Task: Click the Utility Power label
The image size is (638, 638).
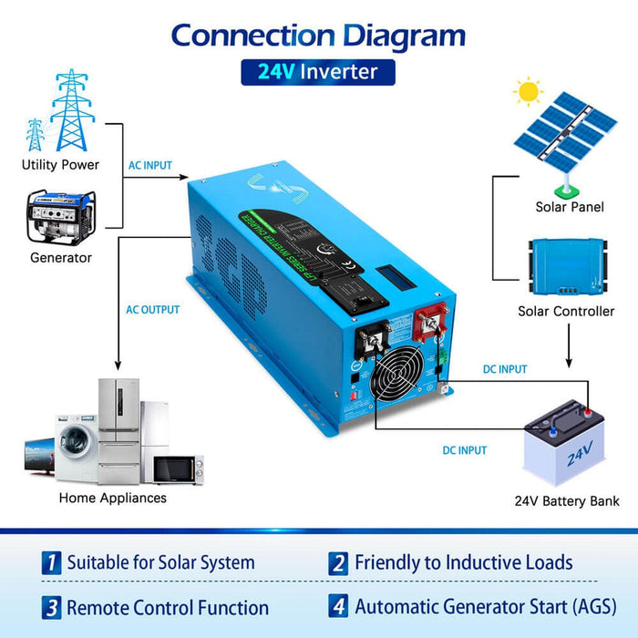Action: point(60,165)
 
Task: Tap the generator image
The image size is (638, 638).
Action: point(60,218)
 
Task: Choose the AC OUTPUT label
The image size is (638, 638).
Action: point(152,310)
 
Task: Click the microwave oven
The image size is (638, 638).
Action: point(178,468)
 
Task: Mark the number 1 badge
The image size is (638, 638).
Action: point(52,563)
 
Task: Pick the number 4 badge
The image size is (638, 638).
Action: point(339,606)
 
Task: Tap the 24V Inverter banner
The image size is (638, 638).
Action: point(318,72)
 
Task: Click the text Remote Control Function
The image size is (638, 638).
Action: point(168,607)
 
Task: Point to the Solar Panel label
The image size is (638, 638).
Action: point(569,207)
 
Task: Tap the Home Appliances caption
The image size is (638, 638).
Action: point(113,498)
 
